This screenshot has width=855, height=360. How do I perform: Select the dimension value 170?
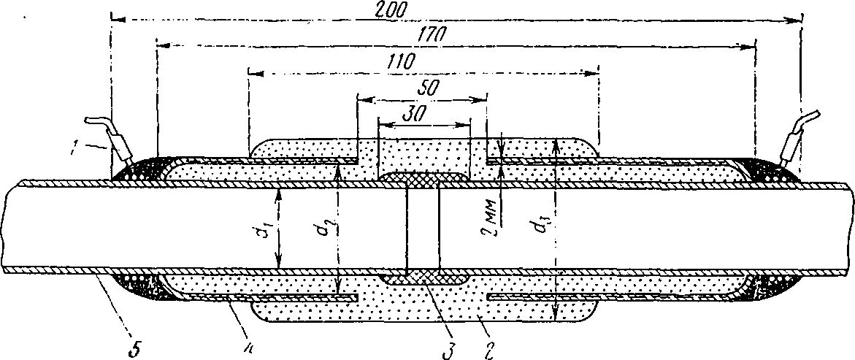(433, 34)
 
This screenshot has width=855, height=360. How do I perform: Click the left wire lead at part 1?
(110, 135)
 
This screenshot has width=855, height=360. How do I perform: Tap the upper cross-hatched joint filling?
(423, 177)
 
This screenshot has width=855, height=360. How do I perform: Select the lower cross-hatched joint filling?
(423, 277)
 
